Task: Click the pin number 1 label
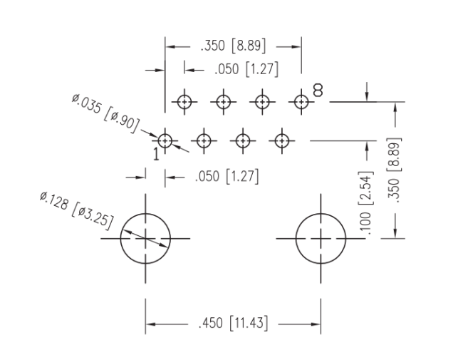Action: [x=156, y=154]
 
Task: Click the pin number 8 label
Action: [x=318, y=91]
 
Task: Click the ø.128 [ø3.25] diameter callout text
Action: [x=76, y=210]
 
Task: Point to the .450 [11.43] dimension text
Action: [x=233, y=323]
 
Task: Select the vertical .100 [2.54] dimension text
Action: [x=366, y=202]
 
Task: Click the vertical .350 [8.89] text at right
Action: [x=394, y=170]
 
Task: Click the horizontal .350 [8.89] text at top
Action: [x=233, y=46]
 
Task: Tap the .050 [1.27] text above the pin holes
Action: [x=246, y=69]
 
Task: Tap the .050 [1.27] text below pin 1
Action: [x=227, y=177]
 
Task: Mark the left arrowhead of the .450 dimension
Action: [x=150, y=324]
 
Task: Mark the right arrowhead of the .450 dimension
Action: [x=316, y=324]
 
